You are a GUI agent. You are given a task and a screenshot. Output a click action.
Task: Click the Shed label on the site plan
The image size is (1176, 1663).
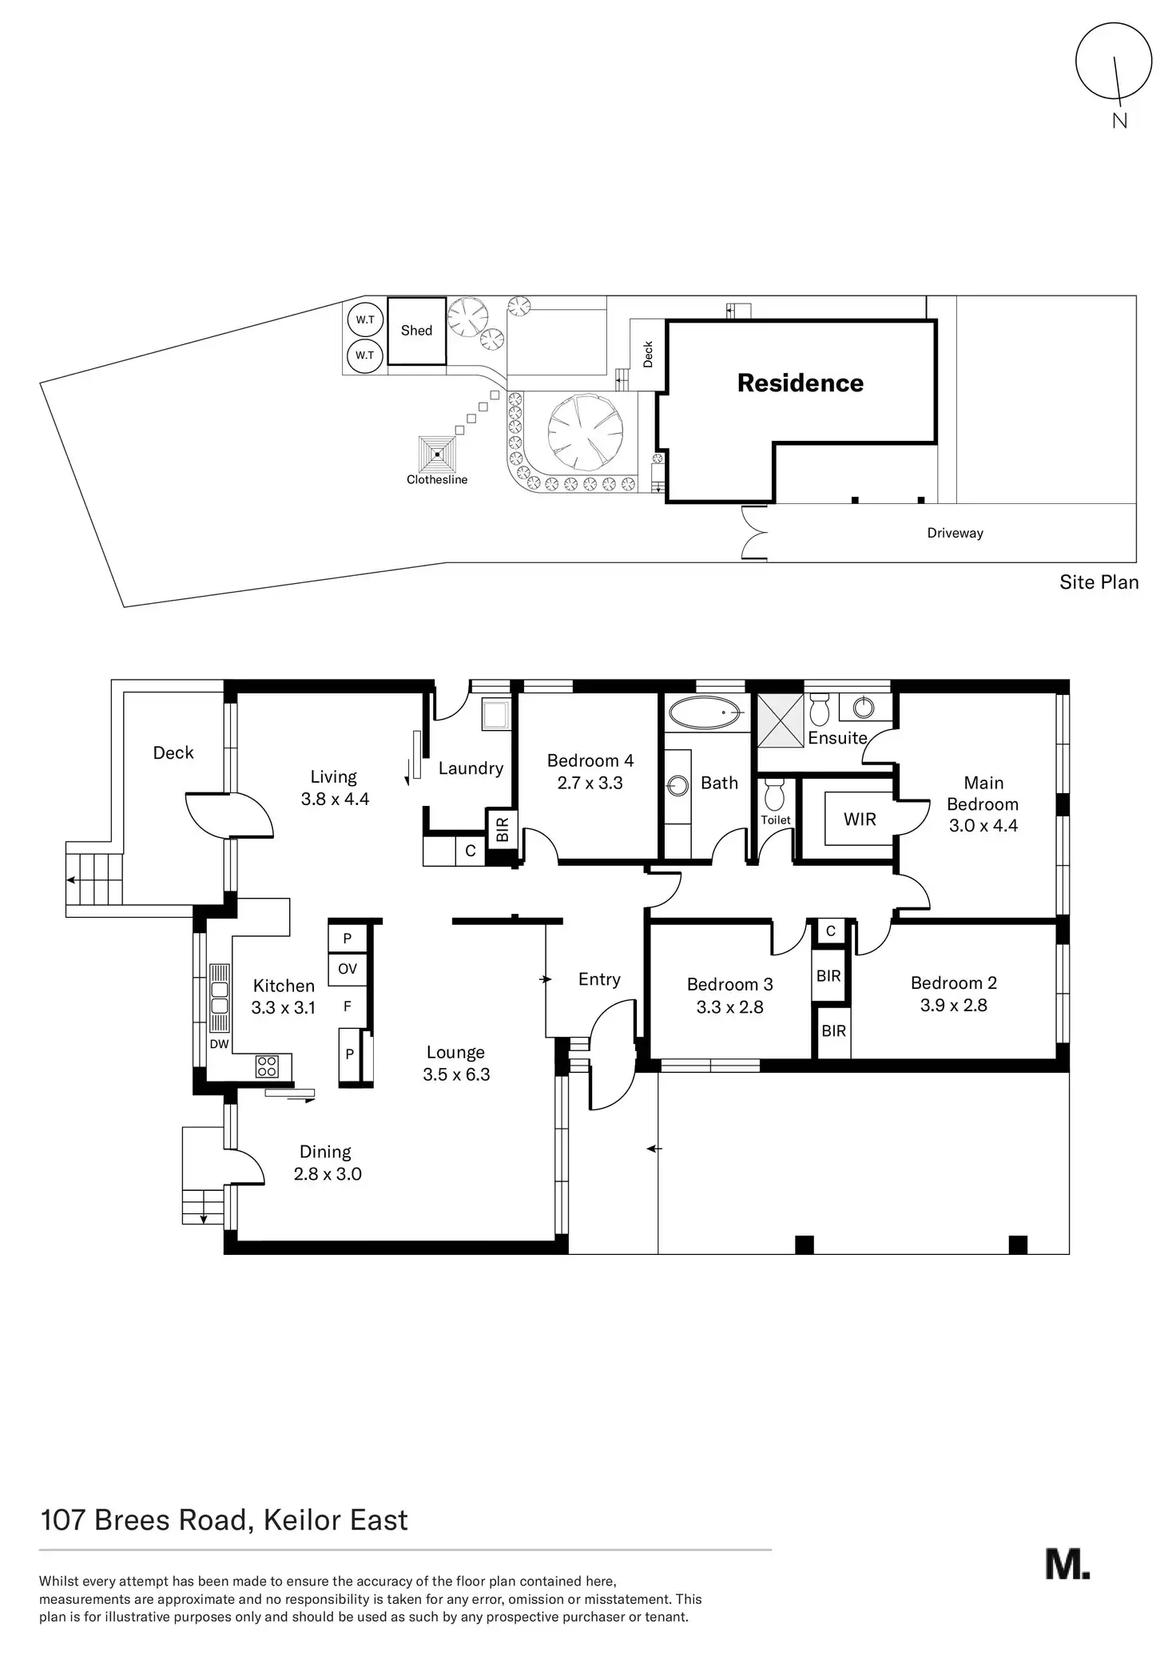416,331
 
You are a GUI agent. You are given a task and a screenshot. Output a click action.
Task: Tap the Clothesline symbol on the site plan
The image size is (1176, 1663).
437,454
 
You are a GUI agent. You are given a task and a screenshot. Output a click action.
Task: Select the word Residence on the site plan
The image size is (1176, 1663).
801,383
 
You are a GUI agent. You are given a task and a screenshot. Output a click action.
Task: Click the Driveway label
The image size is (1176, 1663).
955,533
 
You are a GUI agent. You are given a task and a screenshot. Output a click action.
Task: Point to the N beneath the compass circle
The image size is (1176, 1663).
1120,121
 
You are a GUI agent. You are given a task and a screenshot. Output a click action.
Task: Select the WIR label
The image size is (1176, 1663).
860,820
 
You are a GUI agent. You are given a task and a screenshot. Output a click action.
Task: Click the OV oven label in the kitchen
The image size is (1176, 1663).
348,969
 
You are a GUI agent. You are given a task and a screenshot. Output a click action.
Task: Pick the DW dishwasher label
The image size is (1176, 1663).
219,1044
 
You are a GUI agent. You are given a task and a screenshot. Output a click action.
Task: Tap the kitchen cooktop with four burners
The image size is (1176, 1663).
267,1066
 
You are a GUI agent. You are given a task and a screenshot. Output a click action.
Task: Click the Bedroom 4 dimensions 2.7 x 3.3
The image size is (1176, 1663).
590,783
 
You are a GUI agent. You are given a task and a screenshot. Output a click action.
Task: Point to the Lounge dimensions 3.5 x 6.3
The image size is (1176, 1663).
456,1074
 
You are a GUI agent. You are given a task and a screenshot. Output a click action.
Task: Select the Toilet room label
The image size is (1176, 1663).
776,820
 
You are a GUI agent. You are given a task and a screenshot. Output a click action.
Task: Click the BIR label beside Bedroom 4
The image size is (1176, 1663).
503,830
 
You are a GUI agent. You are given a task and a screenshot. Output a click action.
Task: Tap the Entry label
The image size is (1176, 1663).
599,980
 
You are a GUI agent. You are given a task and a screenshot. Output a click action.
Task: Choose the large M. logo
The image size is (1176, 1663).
1067,1564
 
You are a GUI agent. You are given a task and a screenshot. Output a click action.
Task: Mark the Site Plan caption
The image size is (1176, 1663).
1099,582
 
